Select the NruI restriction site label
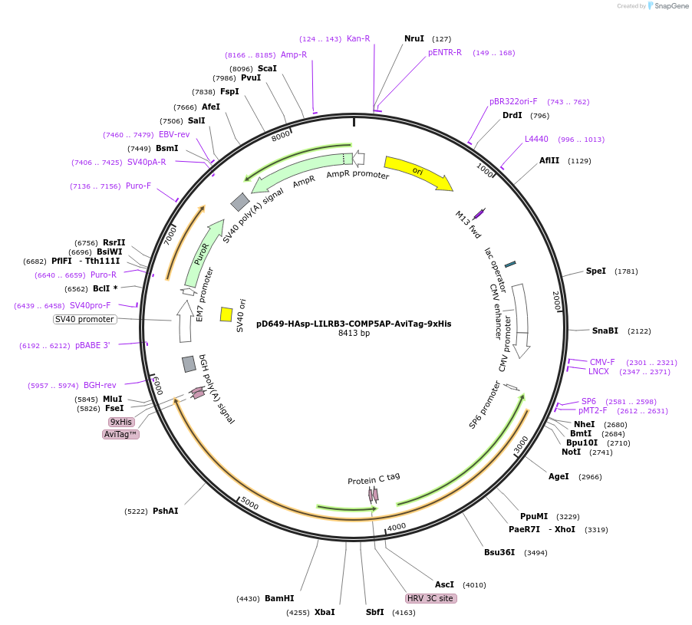coord(414,38)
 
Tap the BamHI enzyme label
coord(279,598)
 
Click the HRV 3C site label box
coord(430,598)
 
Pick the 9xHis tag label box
coord(121,422)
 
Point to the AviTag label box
coord(121,434)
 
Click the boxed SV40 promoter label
coord(84,319)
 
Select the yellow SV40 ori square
coord(226,314)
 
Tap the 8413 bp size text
coord(354,334)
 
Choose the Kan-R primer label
coord(358,38)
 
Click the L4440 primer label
coord(536,139)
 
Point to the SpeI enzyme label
coord(596,271)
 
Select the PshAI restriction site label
coord(165,511)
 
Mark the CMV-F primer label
coord(602,362)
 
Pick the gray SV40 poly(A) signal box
coord(240,202)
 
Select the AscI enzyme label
coord(444,584)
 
